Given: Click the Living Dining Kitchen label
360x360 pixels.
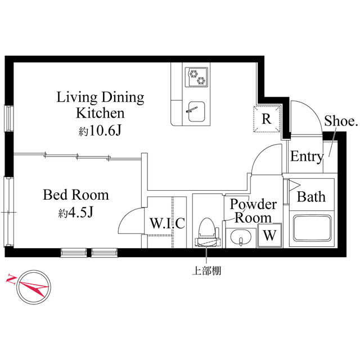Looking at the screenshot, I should point(101,105).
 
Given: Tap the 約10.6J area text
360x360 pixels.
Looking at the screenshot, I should point(101,130).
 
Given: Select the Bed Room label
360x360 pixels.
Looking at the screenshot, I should point(76,195).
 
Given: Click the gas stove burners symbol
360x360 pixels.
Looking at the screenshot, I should point(197,76).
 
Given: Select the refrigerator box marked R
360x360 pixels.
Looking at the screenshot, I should point(267,119).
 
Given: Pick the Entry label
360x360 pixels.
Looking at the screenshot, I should point(307,157).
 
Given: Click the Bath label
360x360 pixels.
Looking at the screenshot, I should point(311,197).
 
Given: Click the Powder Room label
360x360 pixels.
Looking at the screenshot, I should point(253,210).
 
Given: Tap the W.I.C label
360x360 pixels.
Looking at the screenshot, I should point(167,223).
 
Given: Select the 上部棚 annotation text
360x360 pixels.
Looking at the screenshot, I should point(206,271).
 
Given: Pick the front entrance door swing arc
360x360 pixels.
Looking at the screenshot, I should point(307,116).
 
